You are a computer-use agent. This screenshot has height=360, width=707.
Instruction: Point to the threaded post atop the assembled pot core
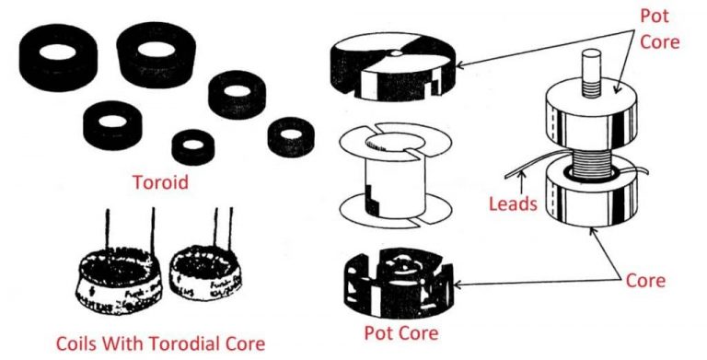coord(590,64)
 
